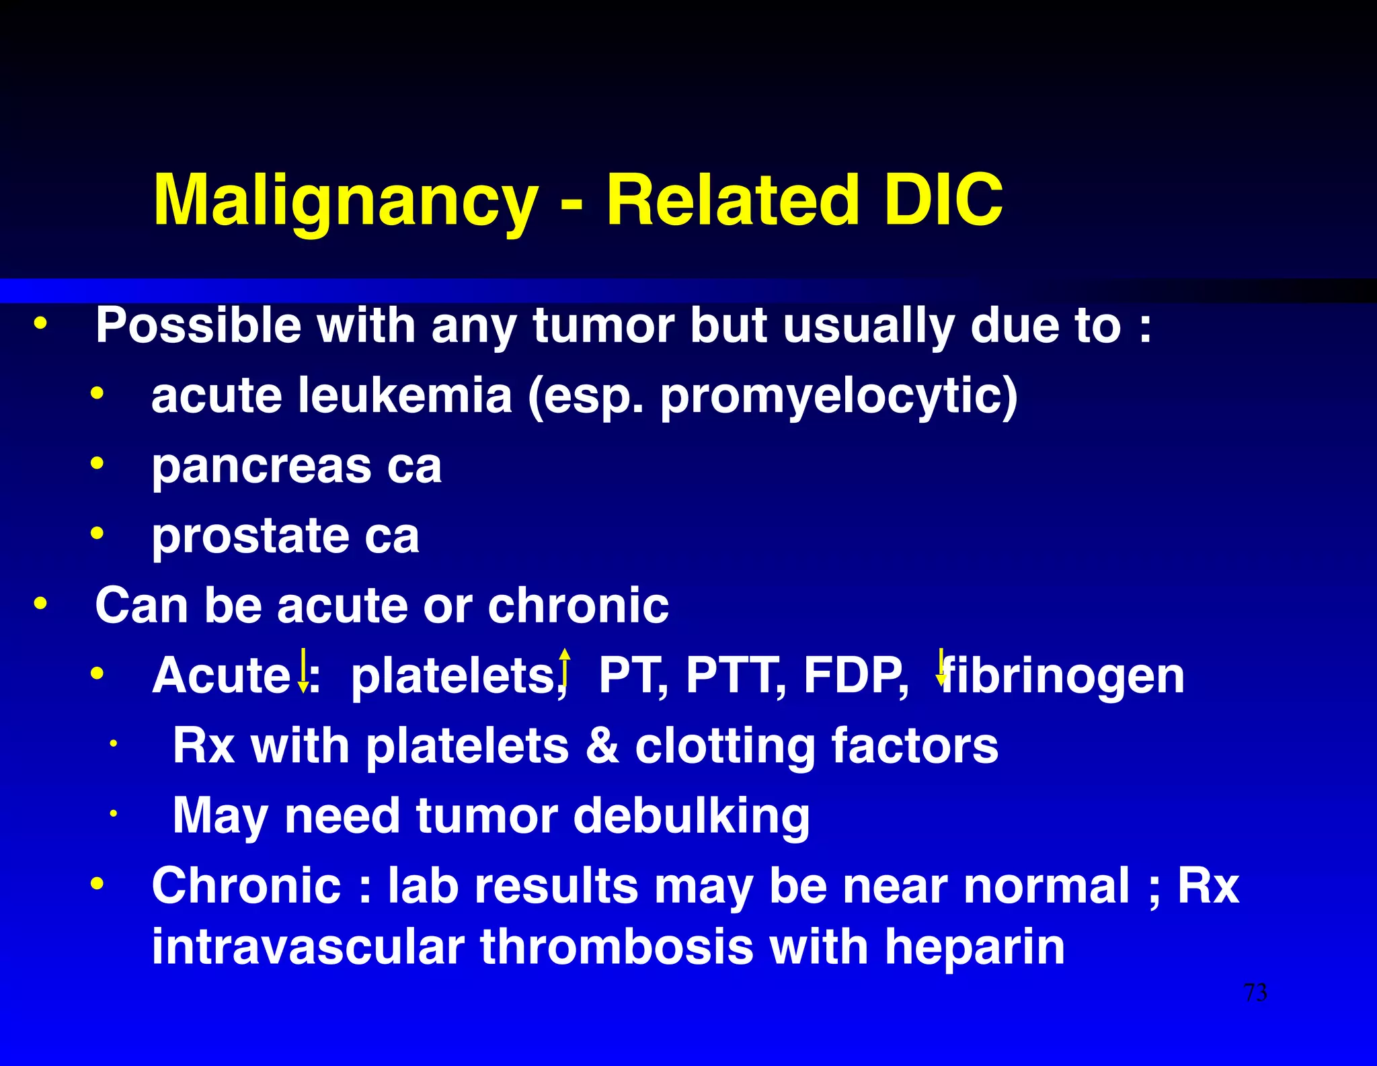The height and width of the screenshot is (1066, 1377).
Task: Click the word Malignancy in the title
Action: click(x=346, y=201)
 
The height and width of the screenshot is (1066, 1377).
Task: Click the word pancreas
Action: click(x=262, y=467)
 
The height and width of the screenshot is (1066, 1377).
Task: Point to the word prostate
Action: click(x=250, y=536)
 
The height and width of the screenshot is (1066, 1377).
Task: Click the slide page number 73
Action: click(x=1255, y=993)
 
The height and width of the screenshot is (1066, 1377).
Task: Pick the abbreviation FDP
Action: click(x=855, y=675)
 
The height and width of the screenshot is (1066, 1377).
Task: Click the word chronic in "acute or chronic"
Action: click(x=578, y=606)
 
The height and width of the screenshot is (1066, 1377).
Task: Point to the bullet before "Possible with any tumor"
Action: click(x=41, y=324)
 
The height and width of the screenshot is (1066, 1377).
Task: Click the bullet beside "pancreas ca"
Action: click(x=97, y=463)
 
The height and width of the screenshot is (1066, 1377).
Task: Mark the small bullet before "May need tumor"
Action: click(x=114, y=814)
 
